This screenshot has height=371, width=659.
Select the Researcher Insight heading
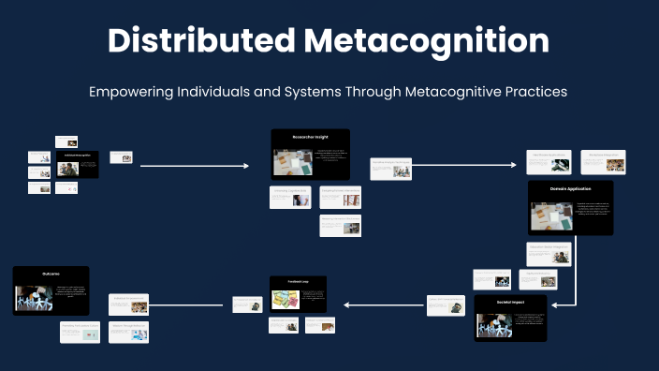(310, 138)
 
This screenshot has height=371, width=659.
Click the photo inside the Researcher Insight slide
(292, 163)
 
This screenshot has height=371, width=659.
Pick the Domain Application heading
(570, 189)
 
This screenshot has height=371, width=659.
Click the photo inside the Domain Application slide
(551, 217)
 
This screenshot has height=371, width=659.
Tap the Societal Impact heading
(510, 303)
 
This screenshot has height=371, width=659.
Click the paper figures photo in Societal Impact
(494, 325)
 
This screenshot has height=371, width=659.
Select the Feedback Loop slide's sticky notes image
(286, 299)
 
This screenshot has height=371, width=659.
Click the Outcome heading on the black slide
(51, 274)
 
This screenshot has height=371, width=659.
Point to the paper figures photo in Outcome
(34, 297)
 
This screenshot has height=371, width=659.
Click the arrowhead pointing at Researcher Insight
(246, 166)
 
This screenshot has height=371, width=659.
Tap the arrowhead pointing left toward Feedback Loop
(346, 304)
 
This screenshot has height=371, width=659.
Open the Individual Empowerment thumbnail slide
(129, 304)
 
